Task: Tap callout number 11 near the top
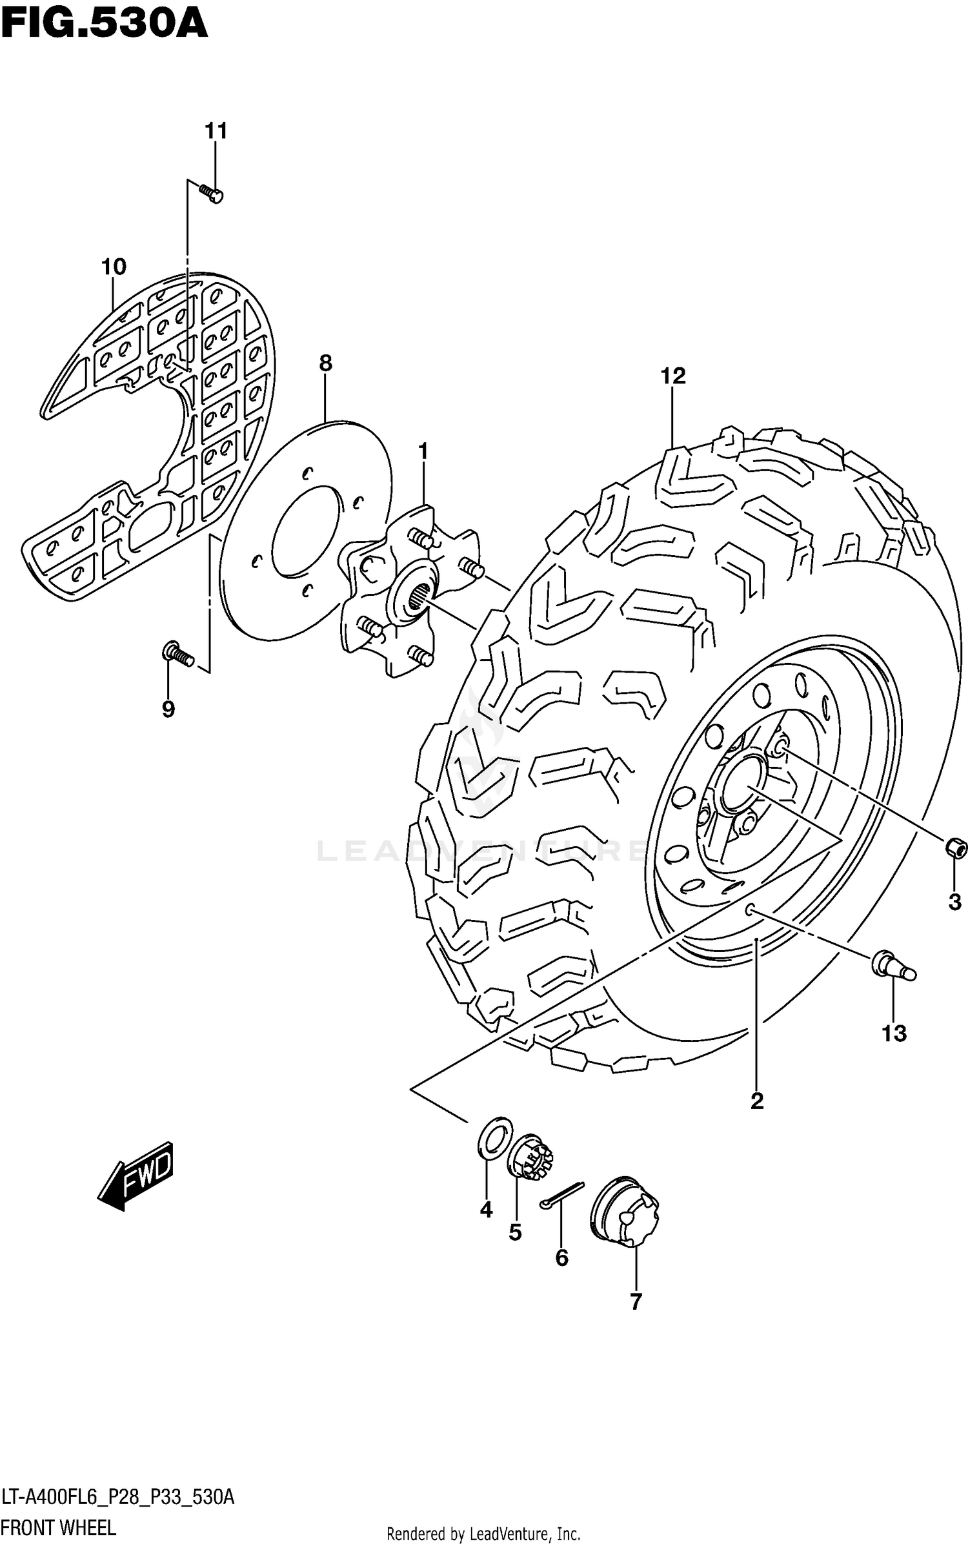coord(216,131)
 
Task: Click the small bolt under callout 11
coord(212,193)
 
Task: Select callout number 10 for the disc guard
coord(114,266)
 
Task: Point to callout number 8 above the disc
coord(325,363)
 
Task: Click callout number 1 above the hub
coord(423,451)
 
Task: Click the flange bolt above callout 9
coord(177,654)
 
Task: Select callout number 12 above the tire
coord(673,375)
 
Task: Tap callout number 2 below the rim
coord(757,1101)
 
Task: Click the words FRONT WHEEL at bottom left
coord(58,1529)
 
